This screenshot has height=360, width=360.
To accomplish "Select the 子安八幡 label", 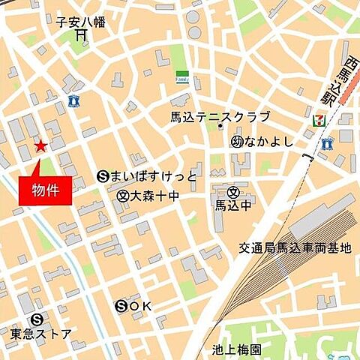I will (81, 22).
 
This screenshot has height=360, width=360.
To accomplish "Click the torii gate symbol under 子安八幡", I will (80, 37).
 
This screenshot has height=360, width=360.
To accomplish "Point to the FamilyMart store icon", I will (181, 78).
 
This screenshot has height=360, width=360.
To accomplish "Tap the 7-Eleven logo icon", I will (318, 118).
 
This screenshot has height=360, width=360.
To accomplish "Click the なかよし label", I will (271, 140).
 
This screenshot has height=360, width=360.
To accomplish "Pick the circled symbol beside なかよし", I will (237, 140).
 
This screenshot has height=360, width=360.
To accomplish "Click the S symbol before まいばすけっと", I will (103, 177).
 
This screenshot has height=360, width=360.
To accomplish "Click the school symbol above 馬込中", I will (233, 191).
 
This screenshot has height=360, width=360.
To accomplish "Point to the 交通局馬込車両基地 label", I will (295, 247).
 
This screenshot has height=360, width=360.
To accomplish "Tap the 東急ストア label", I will (42, 334).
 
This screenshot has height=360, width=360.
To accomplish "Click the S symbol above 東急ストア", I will (37, 318).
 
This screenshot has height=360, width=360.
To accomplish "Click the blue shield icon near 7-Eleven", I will (326, 142).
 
